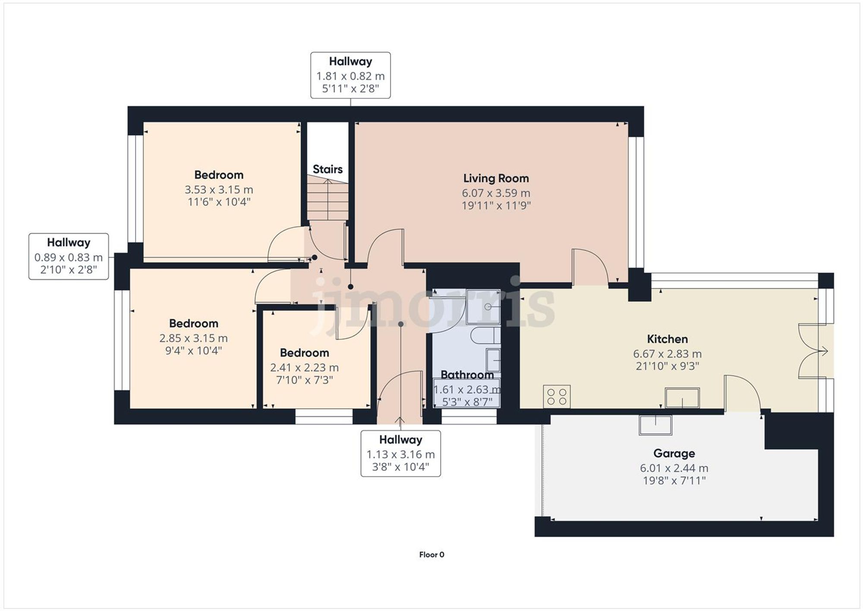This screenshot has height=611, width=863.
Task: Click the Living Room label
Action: click(x=496, y=178)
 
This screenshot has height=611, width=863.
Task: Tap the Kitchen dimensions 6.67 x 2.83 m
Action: click(x=667, y=354)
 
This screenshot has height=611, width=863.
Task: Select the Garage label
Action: click(x=674, y=453)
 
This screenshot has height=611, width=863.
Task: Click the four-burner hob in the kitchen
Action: click(x=557, y=397)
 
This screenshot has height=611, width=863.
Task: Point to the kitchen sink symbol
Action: click(x=682, y=398)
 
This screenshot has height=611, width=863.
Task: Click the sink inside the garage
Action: click(x=655, y=425)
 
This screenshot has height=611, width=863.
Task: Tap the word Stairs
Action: click(x=328, y=169)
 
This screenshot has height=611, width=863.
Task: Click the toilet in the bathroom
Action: click(x=485, y=336)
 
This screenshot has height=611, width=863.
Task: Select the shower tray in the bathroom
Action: click(x=483, y=307)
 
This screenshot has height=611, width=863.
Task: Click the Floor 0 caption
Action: click(x=431, y=555)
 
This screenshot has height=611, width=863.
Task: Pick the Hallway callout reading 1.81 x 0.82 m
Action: click(x=350, y=76)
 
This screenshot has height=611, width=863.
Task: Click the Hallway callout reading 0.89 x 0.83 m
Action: click(x=69, y=257)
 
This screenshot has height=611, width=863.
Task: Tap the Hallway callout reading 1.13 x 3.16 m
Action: click(x=400, y=454)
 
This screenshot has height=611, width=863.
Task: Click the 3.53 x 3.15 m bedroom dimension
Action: click(x=219, y=190)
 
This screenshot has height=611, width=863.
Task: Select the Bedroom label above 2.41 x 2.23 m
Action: click(x=304, y=353)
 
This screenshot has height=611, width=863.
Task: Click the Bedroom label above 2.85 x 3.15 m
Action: click(x=193, y=323)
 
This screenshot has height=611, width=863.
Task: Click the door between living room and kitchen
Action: click(x=589, y=268)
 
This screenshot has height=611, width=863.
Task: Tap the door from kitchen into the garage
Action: click(x=742, y=393)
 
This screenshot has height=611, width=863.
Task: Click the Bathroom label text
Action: click(x=467, y=375)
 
